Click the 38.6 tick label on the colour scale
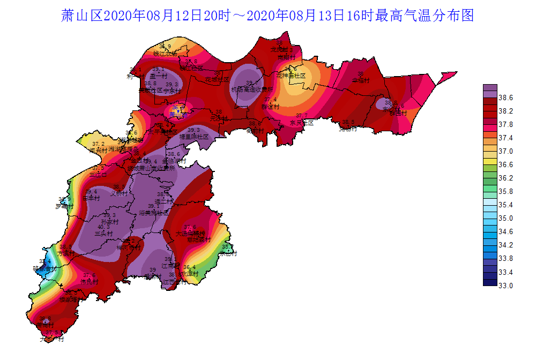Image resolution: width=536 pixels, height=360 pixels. pos(507,97)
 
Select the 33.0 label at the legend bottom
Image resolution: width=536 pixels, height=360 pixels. pos(507,286)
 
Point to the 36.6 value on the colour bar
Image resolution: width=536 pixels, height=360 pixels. pos(507,164)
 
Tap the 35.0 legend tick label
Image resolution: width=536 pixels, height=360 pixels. pos(507,218)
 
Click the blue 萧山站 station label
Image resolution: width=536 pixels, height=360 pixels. pos(178,114)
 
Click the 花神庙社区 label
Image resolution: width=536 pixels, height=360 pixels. pos(291,76)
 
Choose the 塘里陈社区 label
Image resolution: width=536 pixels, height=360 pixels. pos(193,137)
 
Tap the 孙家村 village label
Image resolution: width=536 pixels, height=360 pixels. pos(110,221)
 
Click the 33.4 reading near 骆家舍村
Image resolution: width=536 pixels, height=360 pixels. pos(45,261)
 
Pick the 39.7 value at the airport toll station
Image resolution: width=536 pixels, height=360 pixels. pos(252,83)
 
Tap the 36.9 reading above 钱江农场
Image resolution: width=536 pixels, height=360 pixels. pos(165,47)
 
